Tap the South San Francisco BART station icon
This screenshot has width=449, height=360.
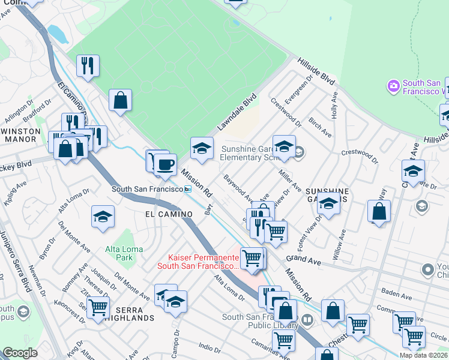[188, 189]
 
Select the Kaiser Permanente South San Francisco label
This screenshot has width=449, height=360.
[198, 261]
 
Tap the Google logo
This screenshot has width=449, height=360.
[20, 353]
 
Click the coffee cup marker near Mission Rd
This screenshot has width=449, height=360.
[165, 165]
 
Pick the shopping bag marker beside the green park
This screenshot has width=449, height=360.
[120, 100]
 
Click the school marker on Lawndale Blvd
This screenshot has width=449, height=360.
[202, 148]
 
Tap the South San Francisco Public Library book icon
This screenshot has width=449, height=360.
[307, 319]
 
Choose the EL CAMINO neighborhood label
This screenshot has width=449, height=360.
[169, 214]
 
